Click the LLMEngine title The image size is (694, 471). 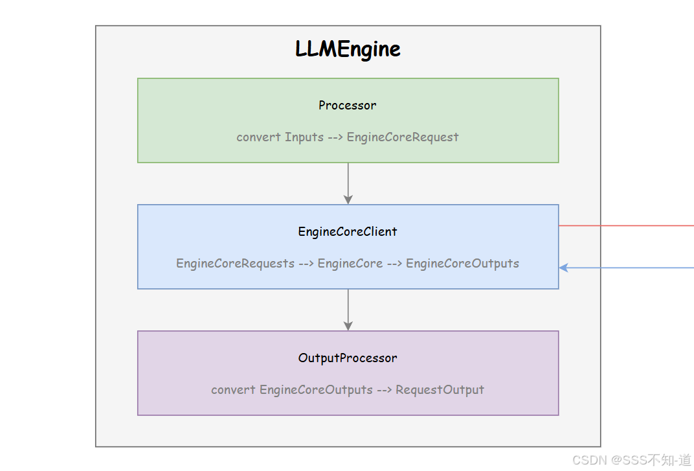tap(348, 49)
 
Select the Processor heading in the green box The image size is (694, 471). tap(348, 105)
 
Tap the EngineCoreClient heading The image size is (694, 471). tap(348, 231)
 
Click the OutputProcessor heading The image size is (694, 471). tap(348, 358)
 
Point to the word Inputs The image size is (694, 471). tap(304, 137)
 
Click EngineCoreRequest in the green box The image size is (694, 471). tap(403, 137)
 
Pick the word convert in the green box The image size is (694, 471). tap(258, 137)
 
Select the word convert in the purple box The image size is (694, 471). tap(233, 390)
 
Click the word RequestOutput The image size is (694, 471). tap(440, 390)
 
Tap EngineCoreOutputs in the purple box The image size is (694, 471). tap(316, 390)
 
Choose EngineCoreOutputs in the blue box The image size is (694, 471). tap(462, 264)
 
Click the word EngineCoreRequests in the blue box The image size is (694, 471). tap(235, 264)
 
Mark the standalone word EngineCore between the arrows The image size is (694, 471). tap(350, 264)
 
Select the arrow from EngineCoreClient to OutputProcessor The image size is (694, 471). tap(348, 310)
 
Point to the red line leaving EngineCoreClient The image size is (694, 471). tap(625, 226)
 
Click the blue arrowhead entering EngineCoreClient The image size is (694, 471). tap(563, 268)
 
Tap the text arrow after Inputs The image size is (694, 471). tap(335, 137)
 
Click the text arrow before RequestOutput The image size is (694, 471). tap(384, 390)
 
